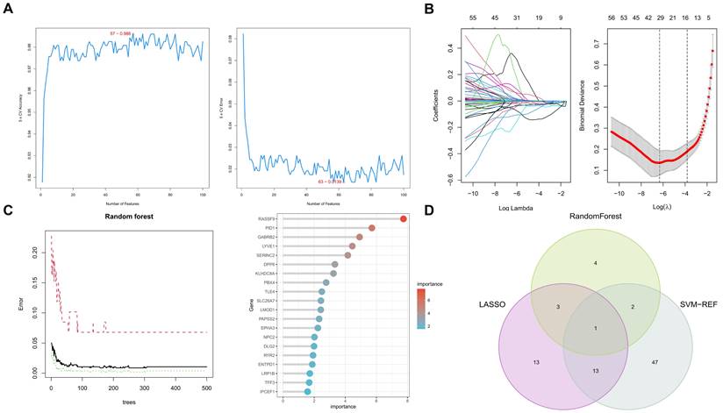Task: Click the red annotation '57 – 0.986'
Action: [121, 32]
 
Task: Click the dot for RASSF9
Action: [403, 219]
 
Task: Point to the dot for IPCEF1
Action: [307, 391]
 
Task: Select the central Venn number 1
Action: [572, 328]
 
